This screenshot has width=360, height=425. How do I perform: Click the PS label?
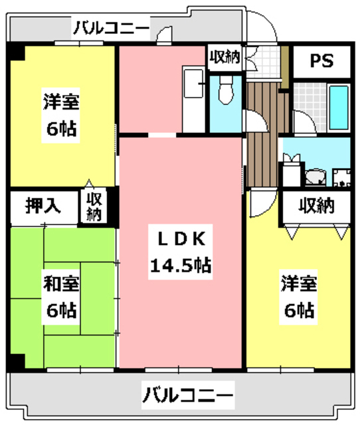tap(321, 61)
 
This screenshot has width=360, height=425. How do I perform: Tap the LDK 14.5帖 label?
tap(181, 252)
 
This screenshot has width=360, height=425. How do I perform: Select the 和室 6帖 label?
tap(61, 297)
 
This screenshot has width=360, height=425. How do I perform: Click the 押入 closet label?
tap(43, 206)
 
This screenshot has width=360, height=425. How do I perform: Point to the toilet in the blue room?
tap(226, 90)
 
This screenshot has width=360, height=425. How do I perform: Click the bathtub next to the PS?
tap(339, 108)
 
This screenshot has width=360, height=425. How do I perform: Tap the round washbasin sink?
tap(315, 177)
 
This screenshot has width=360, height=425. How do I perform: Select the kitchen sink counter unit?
tap(193, 99)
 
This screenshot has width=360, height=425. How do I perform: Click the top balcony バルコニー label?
tap(112, 28)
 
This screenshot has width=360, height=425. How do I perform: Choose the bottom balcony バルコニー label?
tap(188, 395)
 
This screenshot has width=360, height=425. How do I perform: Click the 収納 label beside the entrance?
tap(225, 57)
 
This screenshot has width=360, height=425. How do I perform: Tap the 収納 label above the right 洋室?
tap(316, 206)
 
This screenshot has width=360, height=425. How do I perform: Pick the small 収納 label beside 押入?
tap(94, 207)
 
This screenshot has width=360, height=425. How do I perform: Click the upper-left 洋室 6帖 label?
tap(61, 115)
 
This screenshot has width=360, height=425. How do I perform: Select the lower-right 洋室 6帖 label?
tap(299, 297)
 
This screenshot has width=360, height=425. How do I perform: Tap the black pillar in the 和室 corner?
tap(16, 363)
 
